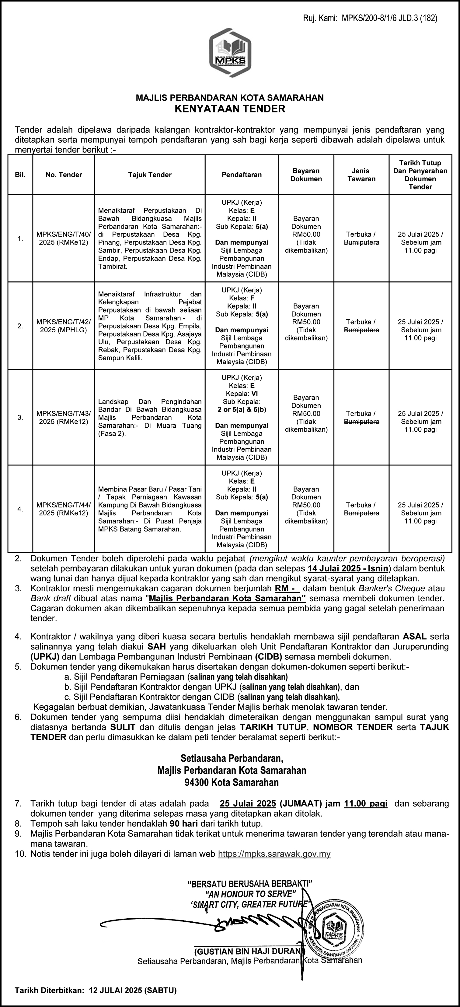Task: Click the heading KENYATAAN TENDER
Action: click(230, 109)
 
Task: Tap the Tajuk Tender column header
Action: click(150, 175)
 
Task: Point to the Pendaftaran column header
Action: click(242, 175)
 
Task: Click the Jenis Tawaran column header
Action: click(361, 175)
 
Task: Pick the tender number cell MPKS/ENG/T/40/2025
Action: click(64, 238)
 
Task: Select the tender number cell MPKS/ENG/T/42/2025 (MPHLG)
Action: click(64, 326)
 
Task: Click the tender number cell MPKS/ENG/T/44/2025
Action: click(64, 509)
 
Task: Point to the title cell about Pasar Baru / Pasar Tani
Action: click(150, 509)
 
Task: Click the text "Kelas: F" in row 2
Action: click(242, 298)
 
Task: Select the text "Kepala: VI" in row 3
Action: click(242, 394)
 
